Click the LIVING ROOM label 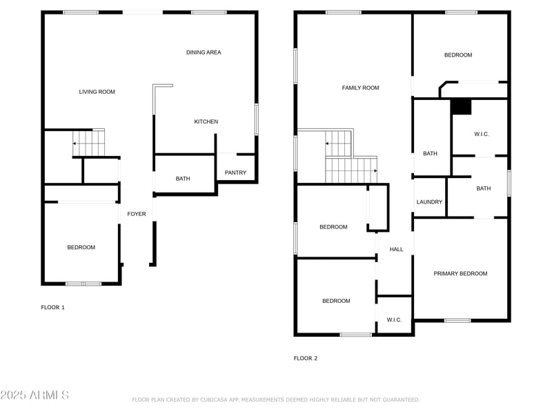pyautogui.click(x=97, y=92)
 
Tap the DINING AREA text pyautogui.click(x=204, y=52)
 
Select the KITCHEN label pyautogui.click(x=206, y=122)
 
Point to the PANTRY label pyautogui.click(x=235, y=173)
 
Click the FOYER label pyautogui.click(x=137, y=214)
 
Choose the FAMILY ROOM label pyautogui.click(x=360, y=88)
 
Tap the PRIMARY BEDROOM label pyautogui.click(x=460, y=273)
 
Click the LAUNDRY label pyautogui.click(x=429, y=202)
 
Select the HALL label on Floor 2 pyautogui.click(x=396, y=249)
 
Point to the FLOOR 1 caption pyautogui.click(x=53, y=307)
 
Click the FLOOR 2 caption pyautogui.click(x=306, y=358)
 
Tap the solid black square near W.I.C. pyautogui.click(x=461, y=107)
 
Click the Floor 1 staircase pyautogui.click(x=89, y=143)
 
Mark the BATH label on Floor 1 pyautogui.click(x=183, y=179)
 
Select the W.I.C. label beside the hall pyautogui.click(x=394, y=320)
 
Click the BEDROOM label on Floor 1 pyautogui.click(x=81, y=248)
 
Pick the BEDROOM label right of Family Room pyautogui.click(x=458, y=55)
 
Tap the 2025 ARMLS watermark pyautogui.click(x=34, y=395)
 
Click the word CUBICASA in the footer pyautogui.click(x=215, y=400)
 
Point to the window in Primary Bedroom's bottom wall pyautogui.click(x=457, y=320)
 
